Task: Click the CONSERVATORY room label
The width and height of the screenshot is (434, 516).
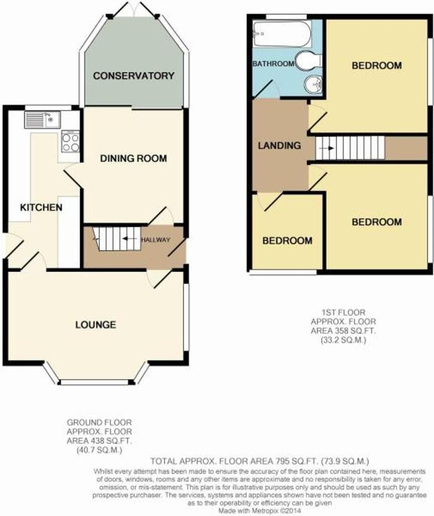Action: pos(133,76)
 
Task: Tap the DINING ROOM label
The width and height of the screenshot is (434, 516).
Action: pos(133,159)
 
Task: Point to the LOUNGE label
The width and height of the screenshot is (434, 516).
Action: pos(96,325)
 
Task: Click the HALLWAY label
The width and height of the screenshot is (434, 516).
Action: pos(156,240)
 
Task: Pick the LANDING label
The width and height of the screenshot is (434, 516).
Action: pos(279,146)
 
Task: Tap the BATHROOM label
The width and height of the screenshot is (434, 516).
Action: pos(273,64)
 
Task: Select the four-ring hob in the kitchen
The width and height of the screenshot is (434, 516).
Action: pos(70,142)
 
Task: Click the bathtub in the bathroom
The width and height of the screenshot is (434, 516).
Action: pos(282,33)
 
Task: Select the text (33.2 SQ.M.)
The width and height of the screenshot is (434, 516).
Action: pos(343,340)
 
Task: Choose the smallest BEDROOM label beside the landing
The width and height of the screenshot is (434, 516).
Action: pos(287,241)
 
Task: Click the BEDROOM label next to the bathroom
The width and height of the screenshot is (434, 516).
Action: pos(377,66)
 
